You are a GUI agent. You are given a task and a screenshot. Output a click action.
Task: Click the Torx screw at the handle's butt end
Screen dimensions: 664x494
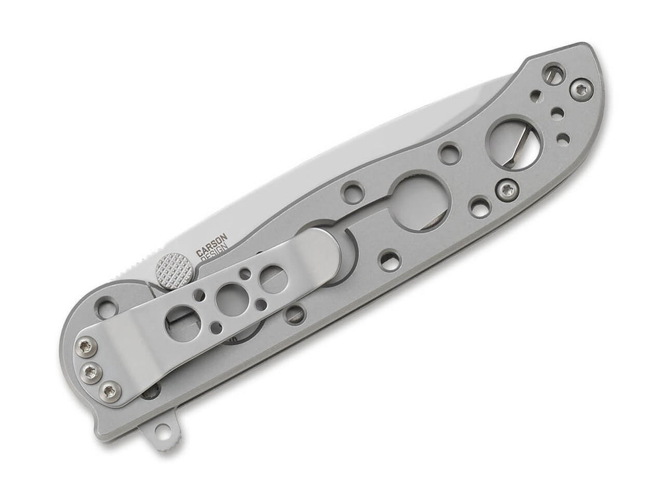580,89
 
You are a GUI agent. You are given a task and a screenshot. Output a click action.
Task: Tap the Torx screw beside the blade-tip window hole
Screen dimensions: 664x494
507,191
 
